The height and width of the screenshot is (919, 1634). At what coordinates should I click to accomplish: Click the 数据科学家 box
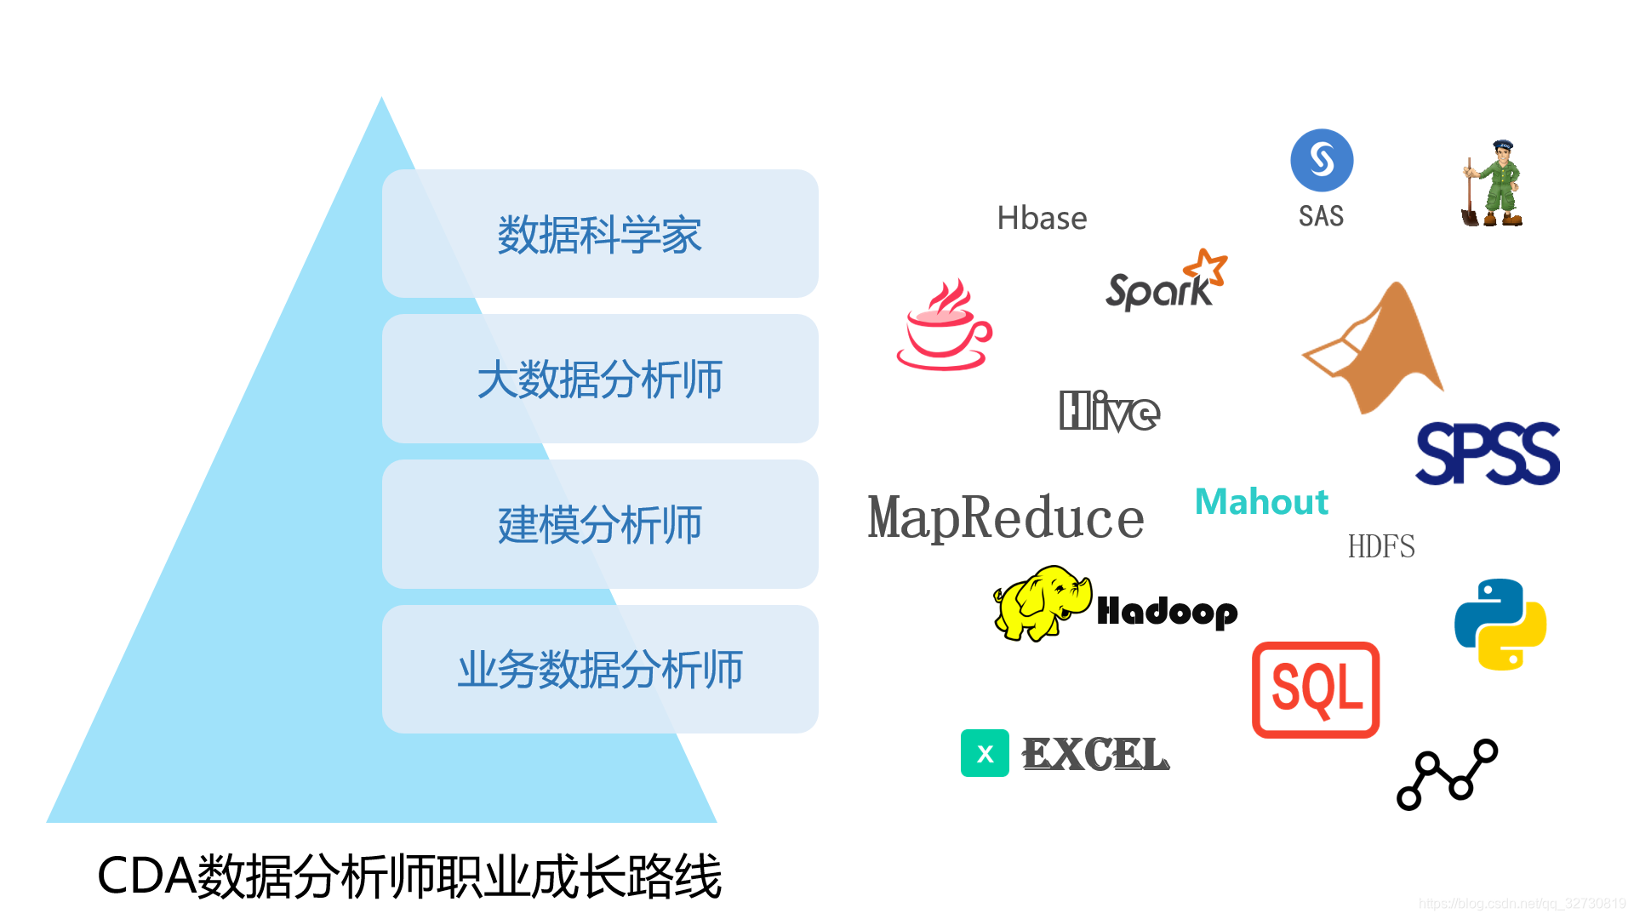[x=600, y=234]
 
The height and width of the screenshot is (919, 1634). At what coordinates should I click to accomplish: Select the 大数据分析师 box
[x=600, y=379]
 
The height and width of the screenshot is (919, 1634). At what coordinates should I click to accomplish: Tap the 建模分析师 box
[x=600, y=524]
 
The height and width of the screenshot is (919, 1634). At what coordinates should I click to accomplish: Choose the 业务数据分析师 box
[x=600, y=670]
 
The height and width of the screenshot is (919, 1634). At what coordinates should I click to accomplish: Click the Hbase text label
[x=1042, y=219]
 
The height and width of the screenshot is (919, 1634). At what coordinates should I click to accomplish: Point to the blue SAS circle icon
[x=1322, y=160]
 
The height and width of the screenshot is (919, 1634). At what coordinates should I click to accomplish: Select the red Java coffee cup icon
[x=944, y=328]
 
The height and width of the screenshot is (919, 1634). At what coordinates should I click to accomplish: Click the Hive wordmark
[x=1109, y=412]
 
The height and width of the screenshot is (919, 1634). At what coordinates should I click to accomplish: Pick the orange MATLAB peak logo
[x=1379, y=349]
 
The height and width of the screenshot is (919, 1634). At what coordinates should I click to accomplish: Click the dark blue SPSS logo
[x=1487, y=454]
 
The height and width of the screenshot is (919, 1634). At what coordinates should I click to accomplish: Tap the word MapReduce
[x=1005, y=517]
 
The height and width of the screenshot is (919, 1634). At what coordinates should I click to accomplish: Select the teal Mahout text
[x=1261, y=502]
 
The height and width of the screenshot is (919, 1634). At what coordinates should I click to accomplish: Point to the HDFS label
[x=1381, y=546]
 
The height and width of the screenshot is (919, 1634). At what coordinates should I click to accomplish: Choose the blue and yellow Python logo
[x=1500, y=625]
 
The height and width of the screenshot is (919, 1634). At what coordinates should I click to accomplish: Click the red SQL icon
[x=1316, y=689]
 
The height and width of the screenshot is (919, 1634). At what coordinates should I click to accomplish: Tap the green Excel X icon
[x=985, y=753]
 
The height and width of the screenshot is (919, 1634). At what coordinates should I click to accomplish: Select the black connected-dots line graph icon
[x=1447, y=774]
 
